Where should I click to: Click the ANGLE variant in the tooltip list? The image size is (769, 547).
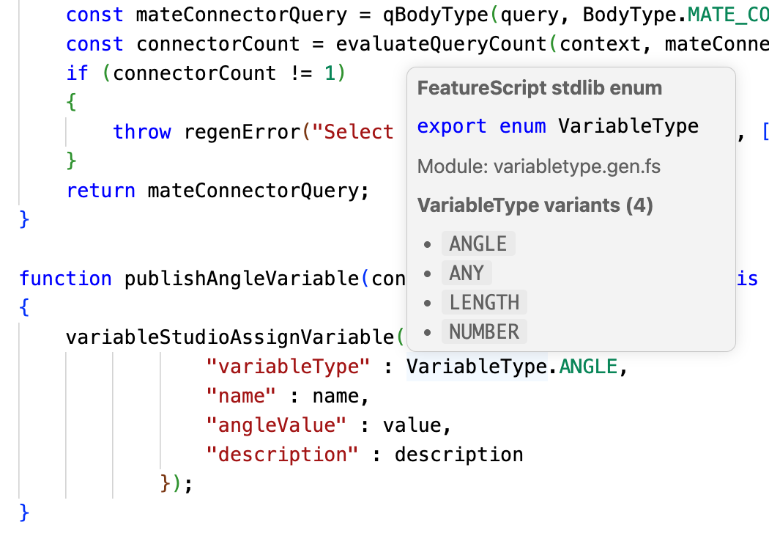pos(478,243)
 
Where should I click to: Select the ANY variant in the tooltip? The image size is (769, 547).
pos(467,273)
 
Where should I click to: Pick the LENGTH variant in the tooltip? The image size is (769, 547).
pos(484,303)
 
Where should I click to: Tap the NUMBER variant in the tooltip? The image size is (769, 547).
pos(484,332)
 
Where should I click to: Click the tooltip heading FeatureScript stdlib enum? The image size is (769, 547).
pos(540,89)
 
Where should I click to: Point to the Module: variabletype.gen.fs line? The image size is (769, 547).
pos(539,167)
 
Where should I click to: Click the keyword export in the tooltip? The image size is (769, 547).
pos(452,127)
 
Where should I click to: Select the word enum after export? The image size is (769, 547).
pos(522,127)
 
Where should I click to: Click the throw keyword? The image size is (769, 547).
pos(142,131)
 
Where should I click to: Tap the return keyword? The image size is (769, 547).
pos(100,191)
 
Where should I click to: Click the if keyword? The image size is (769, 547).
pos(78,73)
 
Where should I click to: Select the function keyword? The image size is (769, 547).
pos(65,279)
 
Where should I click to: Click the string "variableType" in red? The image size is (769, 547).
pos(289,367)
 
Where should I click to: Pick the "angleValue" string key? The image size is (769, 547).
pos(277,425)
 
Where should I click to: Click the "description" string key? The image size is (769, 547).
pos(283,455)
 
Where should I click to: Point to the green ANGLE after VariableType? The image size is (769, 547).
pos(589,367)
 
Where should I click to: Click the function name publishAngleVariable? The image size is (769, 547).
pos(242,279)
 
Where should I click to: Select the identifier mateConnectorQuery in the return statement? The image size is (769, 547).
pos(253,191)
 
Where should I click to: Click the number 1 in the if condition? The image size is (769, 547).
pos(330,73)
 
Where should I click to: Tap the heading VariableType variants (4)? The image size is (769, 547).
pos(535,205)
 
